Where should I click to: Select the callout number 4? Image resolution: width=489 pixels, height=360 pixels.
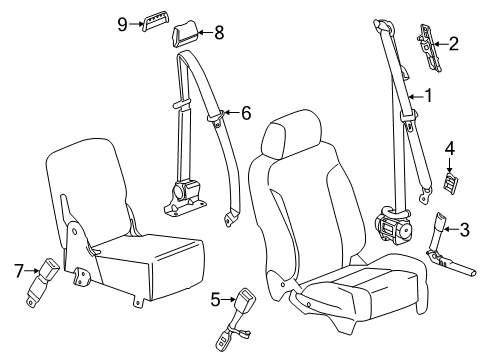[451, 148]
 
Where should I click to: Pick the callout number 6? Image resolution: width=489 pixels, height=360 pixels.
[245, 113]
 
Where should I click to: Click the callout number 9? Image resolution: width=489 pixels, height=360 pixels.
[122, 23]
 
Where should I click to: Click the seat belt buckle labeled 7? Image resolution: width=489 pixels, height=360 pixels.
[50, 268]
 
